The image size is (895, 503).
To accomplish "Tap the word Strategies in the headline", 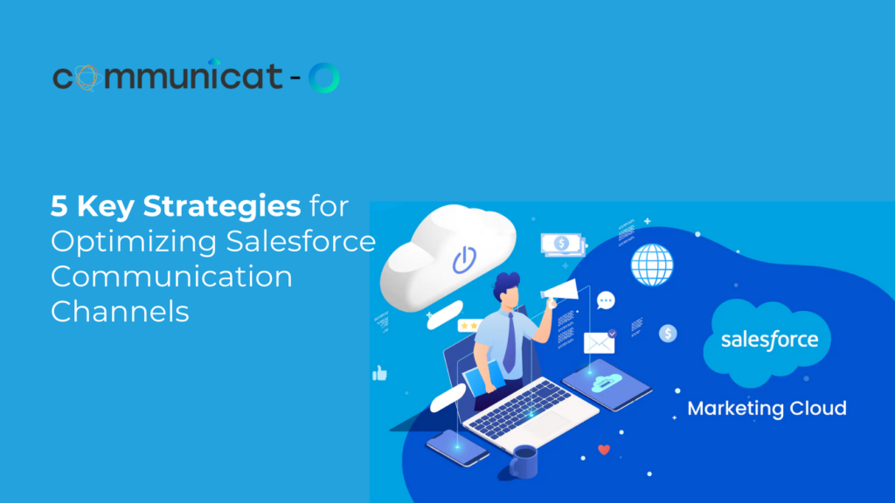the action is (221, 206).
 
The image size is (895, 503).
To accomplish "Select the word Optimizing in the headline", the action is (134, 242).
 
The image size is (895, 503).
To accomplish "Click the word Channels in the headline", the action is (120, 312).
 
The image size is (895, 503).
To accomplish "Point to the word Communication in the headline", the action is (171, 277).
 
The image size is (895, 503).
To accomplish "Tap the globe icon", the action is (652, 265).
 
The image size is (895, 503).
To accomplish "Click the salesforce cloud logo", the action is (767, 341).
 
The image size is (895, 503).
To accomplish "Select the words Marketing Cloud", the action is (767, 409).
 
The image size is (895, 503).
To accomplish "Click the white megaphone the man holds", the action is (560, 290).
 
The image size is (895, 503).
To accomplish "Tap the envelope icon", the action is (599, 343).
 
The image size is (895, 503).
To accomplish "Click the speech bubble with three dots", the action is (606, 300).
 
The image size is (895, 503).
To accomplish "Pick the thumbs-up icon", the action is (379, 373).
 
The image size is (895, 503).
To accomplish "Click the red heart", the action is (604, 450).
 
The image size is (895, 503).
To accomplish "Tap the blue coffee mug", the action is (524, 461).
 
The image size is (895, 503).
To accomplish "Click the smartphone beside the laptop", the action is (457, 448).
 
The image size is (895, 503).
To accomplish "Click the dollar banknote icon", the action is (562, 245).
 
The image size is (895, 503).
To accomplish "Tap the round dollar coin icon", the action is (668, 333).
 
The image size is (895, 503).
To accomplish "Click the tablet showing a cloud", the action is (607, 384).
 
